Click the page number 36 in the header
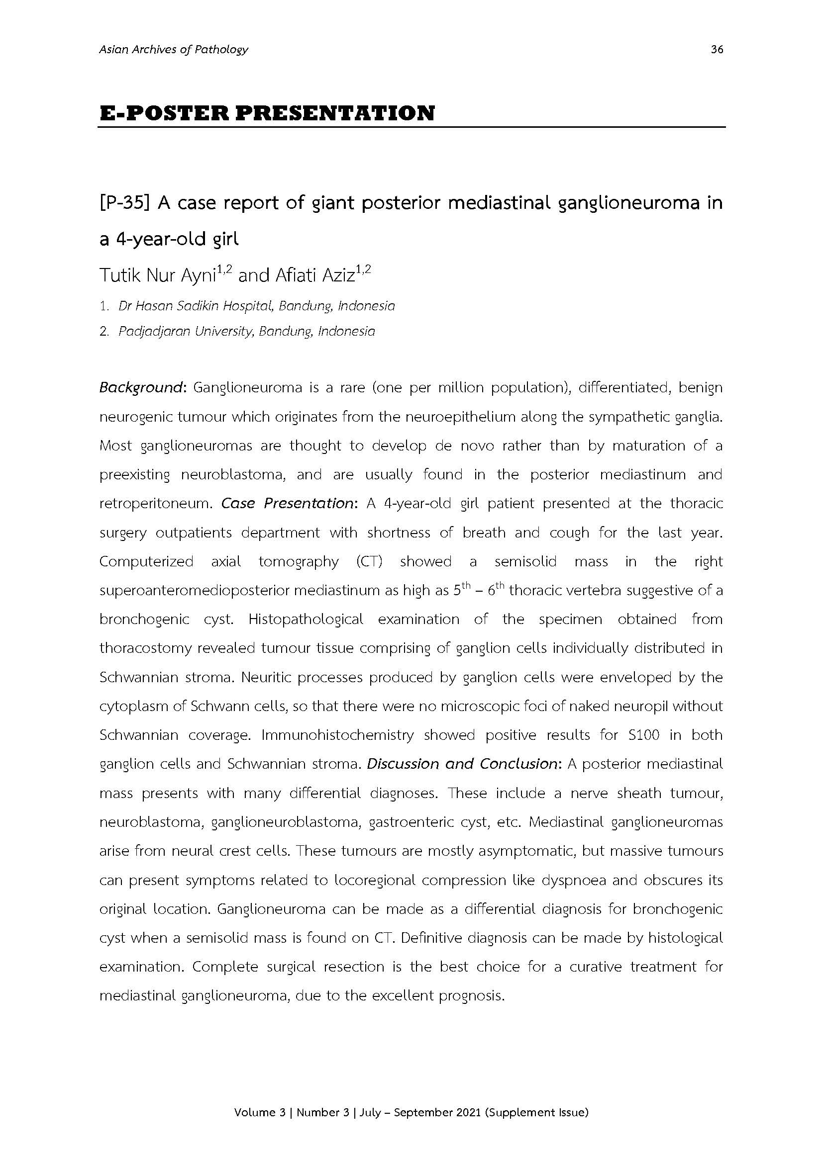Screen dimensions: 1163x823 coord(717,50)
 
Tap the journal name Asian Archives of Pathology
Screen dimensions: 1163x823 coord(174,50)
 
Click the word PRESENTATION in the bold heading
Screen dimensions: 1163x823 coord(335,113)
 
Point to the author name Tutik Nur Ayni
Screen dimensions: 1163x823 coord(158,275)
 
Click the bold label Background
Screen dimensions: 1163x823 coord(140,388)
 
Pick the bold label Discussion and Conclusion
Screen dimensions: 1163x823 coord(462,764)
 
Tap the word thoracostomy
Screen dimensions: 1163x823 coord(144,648)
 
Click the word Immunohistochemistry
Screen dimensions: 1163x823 coord(337,735)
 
